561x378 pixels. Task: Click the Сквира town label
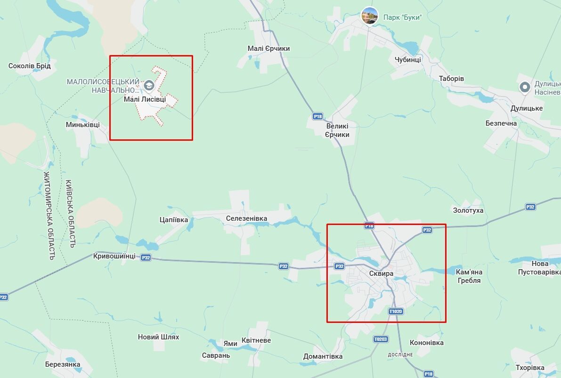(x=381, y=273)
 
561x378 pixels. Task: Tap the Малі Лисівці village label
(x=145, y=99)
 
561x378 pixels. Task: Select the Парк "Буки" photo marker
(x=369, y=16)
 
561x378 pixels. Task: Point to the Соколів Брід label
(x=29, y=66)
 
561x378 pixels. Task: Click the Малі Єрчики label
(x=268, y=48)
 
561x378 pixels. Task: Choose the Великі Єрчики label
(x=337, y=130)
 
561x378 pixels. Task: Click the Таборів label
(x=451, y=79)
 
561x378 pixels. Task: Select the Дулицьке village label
(x=526, y=108)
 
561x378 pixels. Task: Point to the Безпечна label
(x=501, y=123)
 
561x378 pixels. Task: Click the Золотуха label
(x=468, y=210)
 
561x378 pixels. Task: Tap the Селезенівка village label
(x=246, y=218)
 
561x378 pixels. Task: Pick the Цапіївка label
(x=174, y=220)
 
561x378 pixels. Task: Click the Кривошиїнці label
(x=114, y=256)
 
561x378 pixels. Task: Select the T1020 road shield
(x=396, y=312)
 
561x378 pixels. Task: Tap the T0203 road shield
(x=380, y=339)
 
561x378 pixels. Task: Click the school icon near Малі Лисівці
(x=149, y=85)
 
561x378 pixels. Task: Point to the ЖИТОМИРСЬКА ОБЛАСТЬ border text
(x=49, y=216)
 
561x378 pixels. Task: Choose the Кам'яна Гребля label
(x=469, y=276)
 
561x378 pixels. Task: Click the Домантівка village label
(x=323, y=356)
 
